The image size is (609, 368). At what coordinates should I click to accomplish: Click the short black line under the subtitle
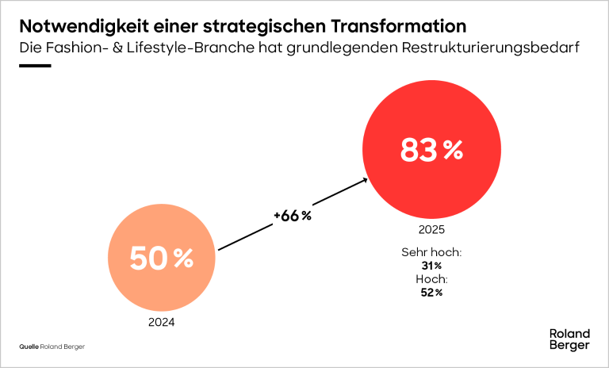point(35,66)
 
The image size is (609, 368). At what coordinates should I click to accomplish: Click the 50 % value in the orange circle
point(161,259)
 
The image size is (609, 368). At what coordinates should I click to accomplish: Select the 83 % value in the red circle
point(431,150)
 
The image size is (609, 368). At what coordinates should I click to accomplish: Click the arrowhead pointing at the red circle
point(365,179)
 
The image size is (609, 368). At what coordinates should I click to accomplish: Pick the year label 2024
point(161,323)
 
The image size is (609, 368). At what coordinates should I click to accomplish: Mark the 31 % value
point(431,266)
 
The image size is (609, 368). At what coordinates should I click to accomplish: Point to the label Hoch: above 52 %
point(431,279)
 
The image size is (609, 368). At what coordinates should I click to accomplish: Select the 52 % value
point(431,293)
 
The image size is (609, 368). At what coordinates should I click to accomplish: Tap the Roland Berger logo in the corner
point(569,339)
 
